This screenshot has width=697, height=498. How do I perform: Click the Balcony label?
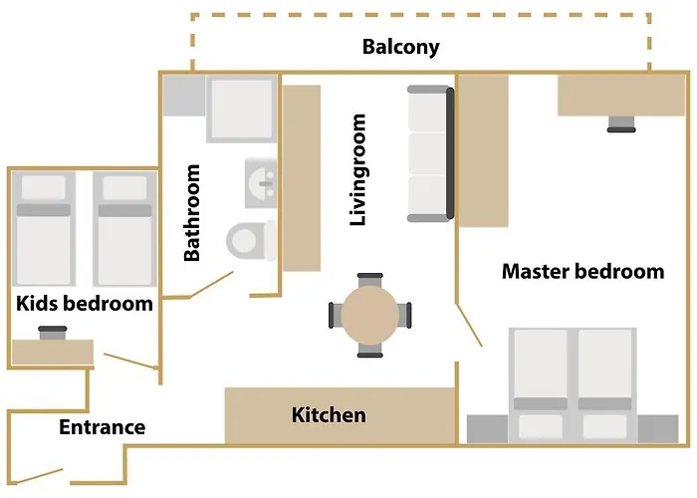coord(400,47)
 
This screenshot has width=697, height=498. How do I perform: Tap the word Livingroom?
coord(357,169)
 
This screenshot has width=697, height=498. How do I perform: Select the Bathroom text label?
coord(192,212)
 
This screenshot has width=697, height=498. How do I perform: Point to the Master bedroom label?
coord(582,271)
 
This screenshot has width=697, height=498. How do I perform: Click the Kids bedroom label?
coord(85,303)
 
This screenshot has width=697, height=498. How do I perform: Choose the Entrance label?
coord(103,427)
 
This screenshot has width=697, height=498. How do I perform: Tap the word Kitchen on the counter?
coord(329,415)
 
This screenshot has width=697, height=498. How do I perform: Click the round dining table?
coord(369,315)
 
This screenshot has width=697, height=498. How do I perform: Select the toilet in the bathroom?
coord(251,241)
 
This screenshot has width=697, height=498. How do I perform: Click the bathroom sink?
coord(261,182)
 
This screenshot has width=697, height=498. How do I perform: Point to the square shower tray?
coord(242,109)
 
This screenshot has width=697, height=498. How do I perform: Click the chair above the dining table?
coord(369,280)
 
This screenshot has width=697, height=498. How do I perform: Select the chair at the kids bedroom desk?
coord(53,333)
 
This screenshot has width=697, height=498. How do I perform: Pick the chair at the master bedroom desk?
coord(621,124)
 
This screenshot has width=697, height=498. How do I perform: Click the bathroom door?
coord(211,285)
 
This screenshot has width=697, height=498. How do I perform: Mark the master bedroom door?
coord(469,325)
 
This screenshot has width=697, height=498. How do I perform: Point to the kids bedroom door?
coord(130,361)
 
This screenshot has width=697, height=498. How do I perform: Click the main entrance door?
coord(37,476)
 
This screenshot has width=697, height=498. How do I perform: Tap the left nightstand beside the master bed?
coord(487,429)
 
